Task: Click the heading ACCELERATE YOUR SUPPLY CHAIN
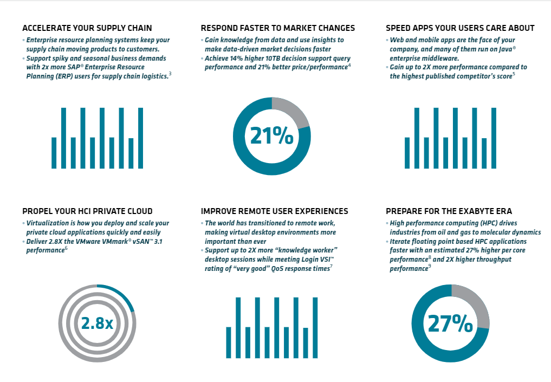[x=87, y=28]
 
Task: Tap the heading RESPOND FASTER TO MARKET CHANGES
[x=277, y=28]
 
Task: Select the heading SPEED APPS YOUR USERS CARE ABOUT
[x=460, y=28]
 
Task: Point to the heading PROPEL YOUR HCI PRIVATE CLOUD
[x=87, y=211]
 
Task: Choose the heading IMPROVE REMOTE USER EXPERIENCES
[x=274, y=211]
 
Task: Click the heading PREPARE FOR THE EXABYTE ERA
[x=449, y=211]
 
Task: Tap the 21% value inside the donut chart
[x=271, y=136]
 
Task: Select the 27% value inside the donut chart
[x=450, y=323]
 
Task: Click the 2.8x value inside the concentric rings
[x=97, y=323]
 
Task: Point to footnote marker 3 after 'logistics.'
[x=170, y=74]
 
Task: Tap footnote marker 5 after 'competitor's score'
[x=514, y=74]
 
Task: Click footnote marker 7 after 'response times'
[x=331, y=266]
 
